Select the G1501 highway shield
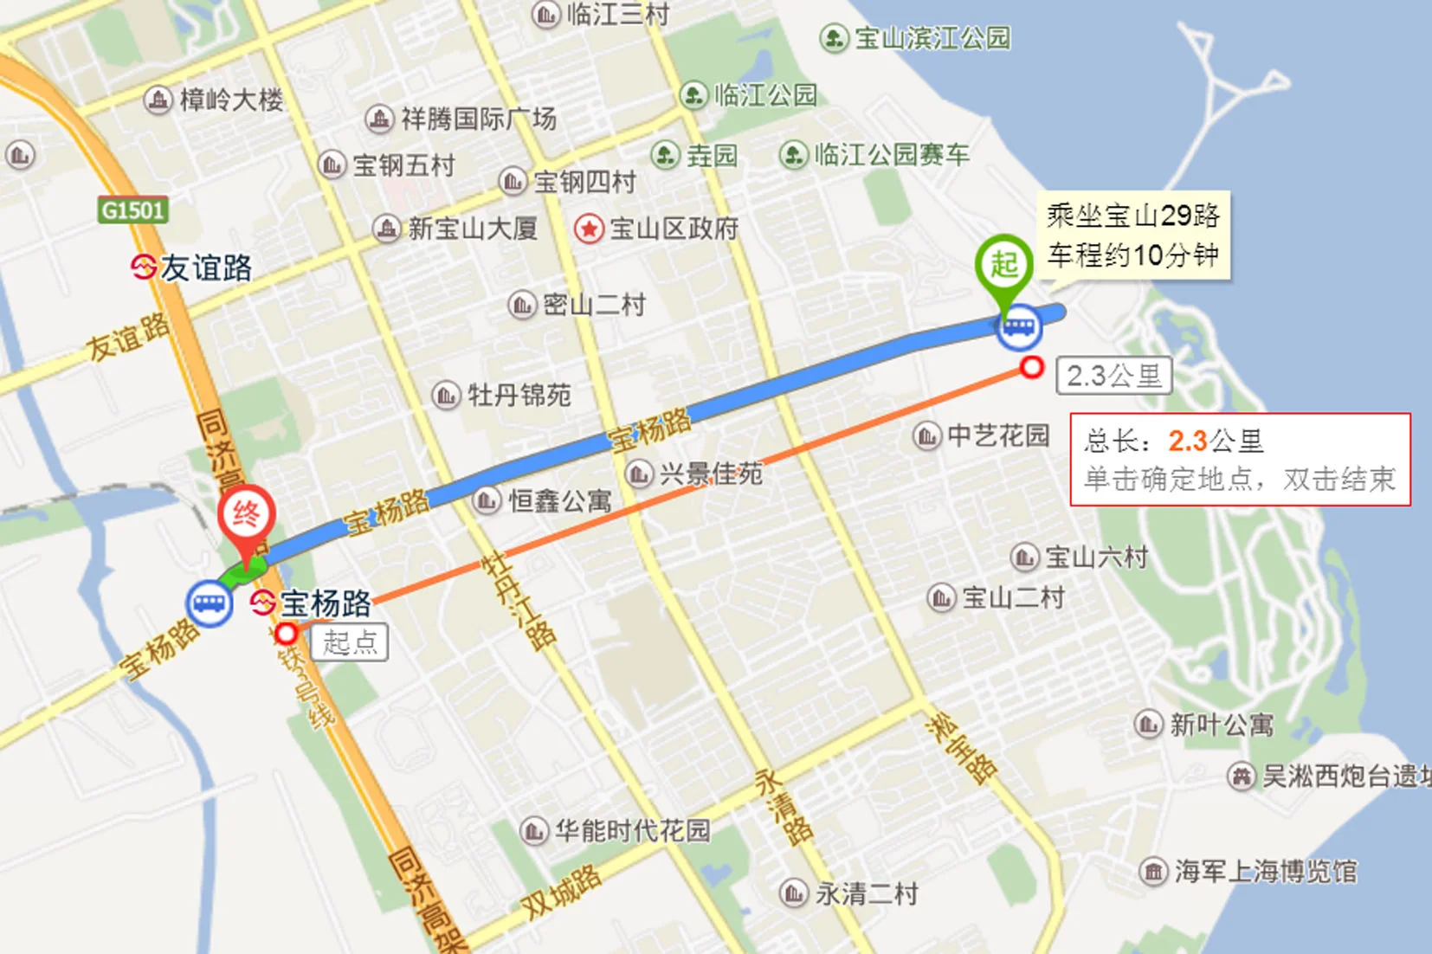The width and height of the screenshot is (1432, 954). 132,210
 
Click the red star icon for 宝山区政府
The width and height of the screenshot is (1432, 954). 589,229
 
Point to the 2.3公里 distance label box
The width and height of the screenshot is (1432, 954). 1113,377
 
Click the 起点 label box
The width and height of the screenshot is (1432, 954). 349,642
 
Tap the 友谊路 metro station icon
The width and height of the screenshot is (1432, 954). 143,267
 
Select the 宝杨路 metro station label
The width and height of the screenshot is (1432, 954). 325,603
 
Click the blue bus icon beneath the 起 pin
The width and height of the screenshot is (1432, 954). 1018,327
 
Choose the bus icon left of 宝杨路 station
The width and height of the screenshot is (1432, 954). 209,603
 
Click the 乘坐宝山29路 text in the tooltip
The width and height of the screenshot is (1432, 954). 1132,216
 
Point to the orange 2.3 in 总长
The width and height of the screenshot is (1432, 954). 1187,442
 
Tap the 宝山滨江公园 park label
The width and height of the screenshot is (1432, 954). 932,39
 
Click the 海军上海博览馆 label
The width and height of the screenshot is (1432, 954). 1265,871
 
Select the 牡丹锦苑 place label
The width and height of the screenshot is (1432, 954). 519,396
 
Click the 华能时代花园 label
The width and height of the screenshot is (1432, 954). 632,831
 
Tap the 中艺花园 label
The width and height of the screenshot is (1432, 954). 998,435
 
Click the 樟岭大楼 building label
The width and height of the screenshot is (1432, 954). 231,100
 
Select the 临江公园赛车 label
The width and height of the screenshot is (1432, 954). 891,155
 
